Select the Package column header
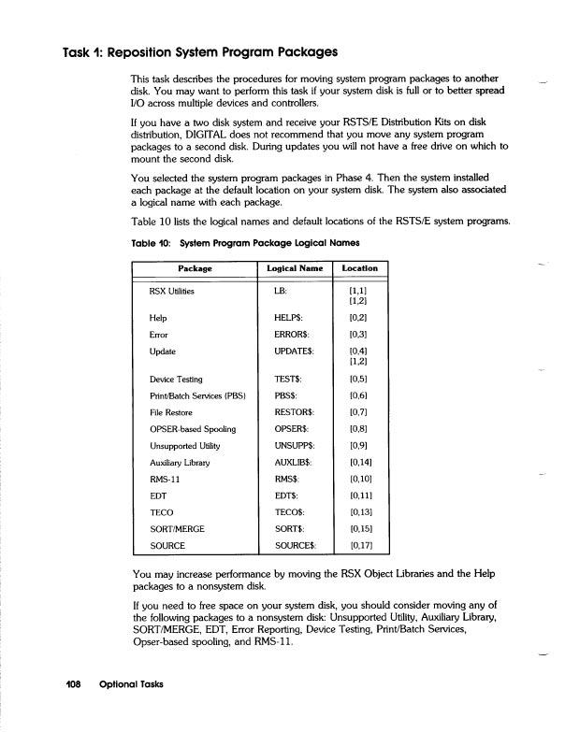tap(193, 269)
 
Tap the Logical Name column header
tap(294, 269)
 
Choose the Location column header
tap(359, 269)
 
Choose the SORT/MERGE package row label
tap(178, 528)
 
